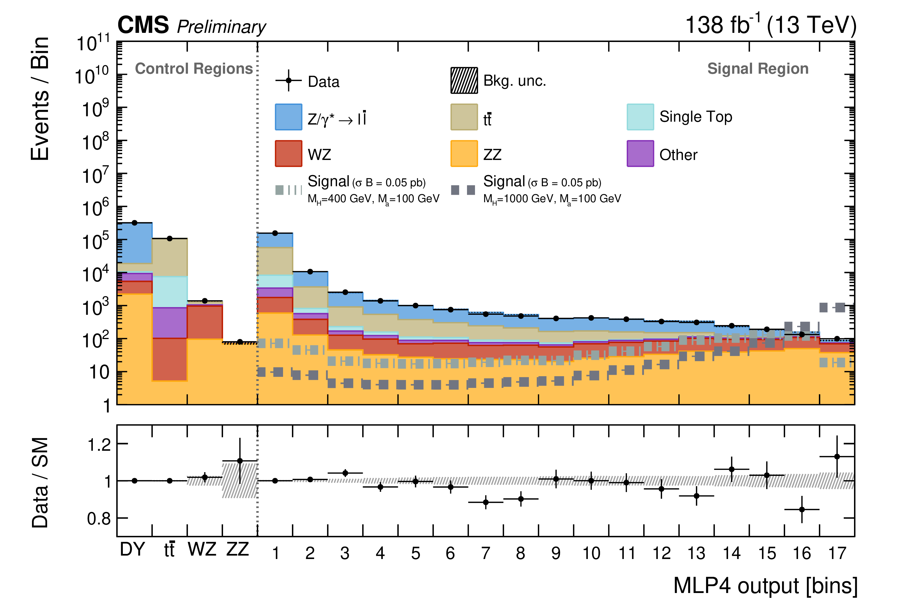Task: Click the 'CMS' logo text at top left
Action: click(x=143, y=25)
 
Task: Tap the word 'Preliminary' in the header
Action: click(x=221, y=27)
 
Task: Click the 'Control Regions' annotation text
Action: click(x=194, y=69)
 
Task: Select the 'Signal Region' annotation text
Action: click(x=758, y=69)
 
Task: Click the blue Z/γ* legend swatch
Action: click(x=288, y=117)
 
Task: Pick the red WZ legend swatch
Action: click(x=288, y=154)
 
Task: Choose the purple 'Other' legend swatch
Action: click(x=640, y=154)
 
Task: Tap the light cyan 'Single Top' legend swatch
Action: click(x=640, y=117)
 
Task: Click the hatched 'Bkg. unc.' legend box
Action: click(x=464, y=81)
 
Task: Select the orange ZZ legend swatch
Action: click(x=464, y=154)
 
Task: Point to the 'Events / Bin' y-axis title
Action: click(x=40, y=99)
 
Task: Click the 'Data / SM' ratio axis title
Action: click(x=40, y=482)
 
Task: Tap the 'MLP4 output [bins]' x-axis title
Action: click(x=765, y=585)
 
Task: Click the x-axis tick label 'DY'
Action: click(x=132, y=549)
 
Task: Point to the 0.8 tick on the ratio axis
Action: click(x=99, y=518)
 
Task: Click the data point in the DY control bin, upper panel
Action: click(x=135, y=223)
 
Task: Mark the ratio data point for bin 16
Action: click(x=802, y=509)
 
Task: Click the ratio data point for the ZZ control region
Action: click(x=240, y=461)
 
